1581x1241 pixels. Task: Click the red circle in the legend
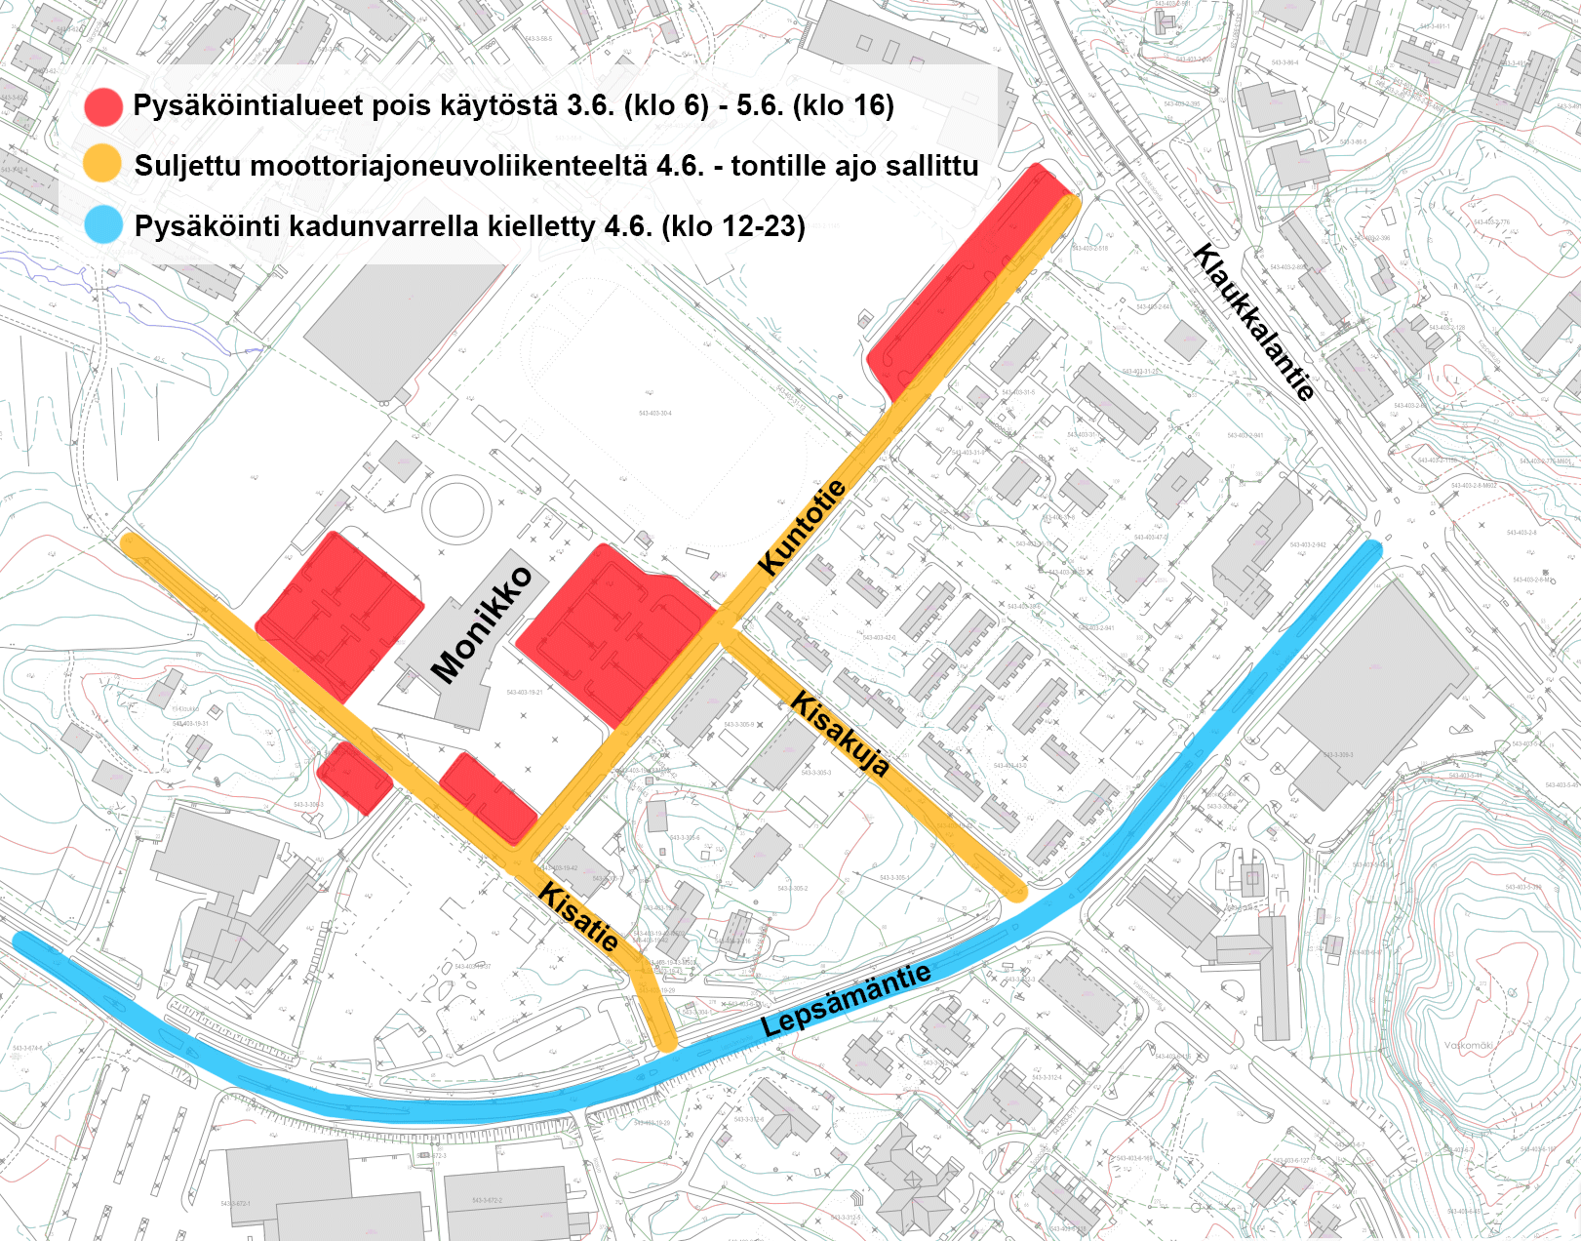coord(103,106)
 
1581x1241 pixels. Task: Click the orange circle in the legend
coord(102,164)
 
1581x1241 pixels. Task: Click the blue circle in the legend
coord(103,224)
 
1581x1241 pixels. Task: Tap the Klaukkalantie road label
coord(1253,322)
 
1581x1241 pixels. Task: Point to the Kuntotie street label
coord(802,528)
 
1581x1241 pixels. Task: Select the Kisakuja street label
coord(840,734)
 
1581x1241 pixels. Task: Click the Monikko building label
coord(482,624)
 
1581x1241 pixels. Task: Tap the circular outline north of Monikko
coord(458,508)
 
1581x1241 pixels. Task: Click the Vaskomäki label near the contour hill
coord(1468,1045)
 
